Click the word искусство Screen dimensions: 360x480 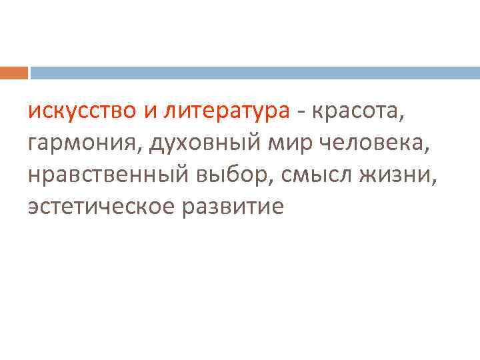pyautogui.click(x=81, y=111)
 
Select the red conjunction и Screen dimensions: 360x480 pyautogui.click(x=150, y=111)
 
